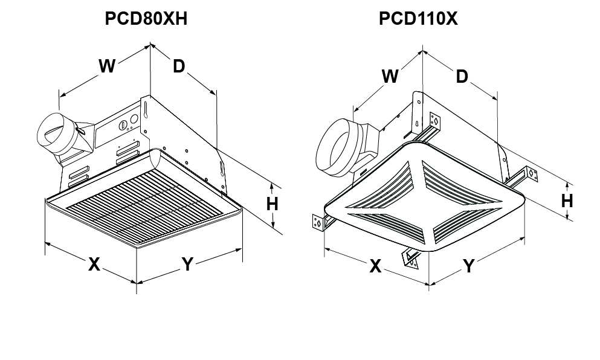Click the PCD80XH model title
coord(146,19)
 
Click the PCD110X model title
coord(418,19)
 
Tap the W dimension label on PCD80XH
coord(107,66)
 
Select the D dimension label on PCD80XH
coord(178,66)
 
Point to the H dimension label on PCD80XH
coord(273,204)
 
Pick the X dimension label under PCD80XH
coord(94,264)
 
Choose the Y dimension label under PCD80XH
coord(188,264)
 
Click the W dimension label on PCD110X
coord(391,76)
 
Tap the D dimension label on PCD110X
coord(462,76)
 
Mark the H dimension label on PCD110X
coord(567,201)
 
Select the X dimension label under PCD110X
coord(375,266)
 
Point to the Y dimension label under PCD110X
coord(469,266)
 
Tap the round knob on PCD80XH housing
coord(124,126)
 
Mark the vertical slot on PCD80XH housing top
coord(145,109)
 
